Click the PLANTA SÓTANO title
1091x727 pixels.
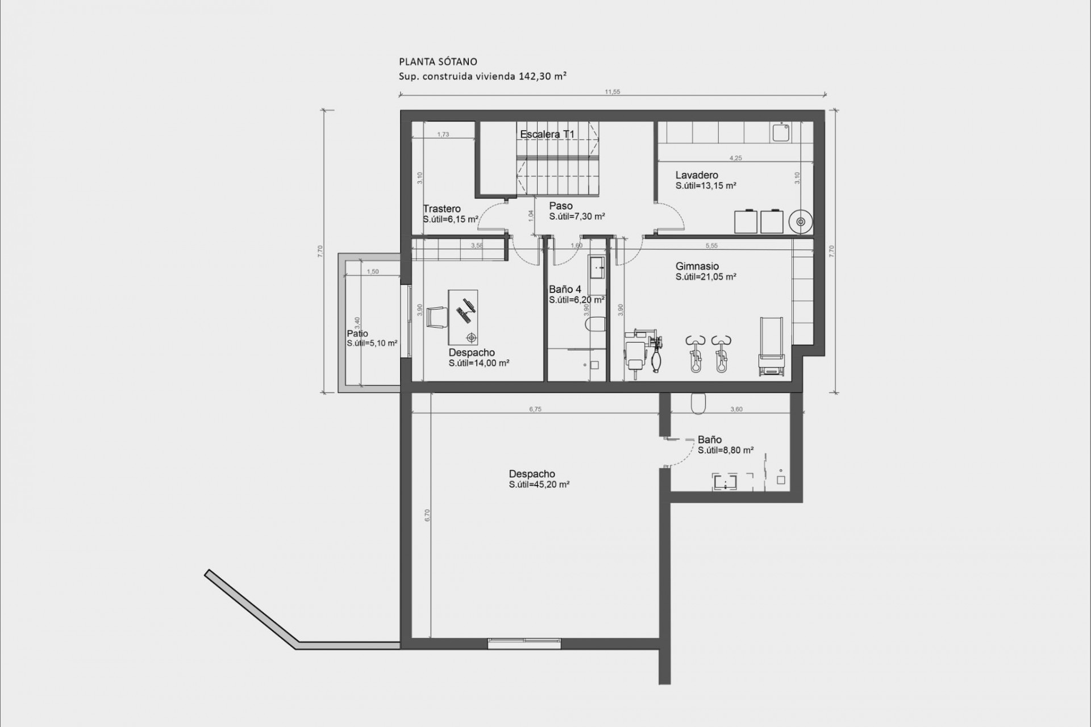pyautogui.click(x=438, y=62)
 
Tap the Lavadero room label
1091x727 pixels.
pyautogui.click(x=697, y=175)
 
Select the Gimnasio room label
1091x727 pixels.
pyautogui.click(x=697, y=266)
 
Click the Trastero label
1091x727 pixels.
pyautogui.click(x=442, y=208)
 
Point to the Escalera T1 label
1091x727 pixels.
pyautogui.click(x=547, y=135)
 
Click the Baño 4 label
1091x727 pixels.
pyautogui.click(x=565, y=290)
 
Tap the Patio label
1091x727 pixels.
pyautogui.click(x=357, y=334)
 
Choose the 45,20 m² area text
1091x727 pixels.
pyautogui.click(x=539, y=484)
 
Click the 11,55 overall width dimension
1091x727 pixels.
pyautogui.click(x=612, y=92)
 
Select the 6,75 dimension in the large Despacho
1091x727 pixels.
pyautogui.click(x=535, y=409)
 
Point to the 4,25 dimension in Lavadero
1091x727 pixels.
pyautogui.click(x=735, y=158)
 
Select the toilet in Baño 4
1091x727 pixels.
pyautogui.click(x=594, y=325)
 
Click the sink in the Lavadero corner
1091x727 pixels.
pyautogui.click(x=780, y=133)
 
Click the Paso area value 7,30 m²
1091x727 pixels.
pyautogui.click(x=577, y=216)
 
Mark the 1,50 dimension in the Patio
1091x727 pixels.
pyautogui.click(x=372, y=271)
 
